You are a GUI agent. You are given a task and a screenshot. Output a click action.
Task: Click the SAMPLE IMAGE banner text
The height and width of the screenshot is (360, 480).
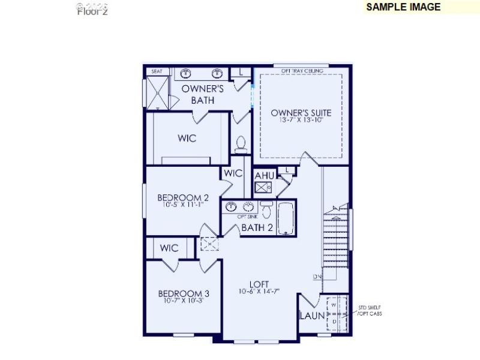coord(403,7)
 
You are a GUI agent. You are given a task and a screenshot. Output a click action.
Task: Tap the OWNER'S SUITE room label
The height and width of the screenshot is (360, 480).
coord(301,112)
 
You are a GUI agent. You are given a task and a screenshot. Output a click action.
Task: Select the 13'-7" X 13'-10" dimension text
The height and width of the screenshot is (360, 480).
coord(301,120)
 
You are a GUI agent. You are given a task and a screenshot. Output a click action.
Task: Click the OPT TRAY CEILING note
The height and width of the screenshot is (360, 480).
coord(302,71)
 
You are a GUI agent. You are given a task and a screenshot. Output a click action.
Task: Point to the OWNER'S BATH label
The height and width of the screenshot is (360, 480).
coord(203,94)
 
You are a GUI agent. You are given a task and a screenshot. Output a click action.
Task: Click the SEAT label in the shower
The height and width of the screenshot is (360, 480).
coord(157,71)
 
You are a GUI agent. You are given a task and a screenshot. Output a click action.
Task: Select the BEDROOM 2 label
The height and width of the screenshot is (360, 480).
coord(183,197)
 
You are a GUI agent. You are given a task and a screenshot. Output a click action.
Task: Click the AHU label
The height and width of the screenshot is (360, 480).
coord(265,175)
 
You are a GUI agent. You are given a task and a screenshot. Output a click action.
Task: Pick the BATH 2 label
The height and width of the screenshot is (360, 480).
coord(257,227)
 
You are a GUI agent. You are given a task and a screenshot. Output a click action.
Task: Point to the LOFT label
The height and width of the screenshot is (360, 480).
coord(259,284)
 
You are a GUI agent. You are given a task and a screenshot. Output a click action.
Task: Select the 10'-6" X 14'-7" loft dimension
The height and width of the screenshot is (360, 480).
coord(259,292)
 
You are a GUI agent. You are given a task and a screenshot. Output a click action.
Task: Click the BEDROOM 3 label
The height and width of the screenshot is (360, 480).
coord(184,293)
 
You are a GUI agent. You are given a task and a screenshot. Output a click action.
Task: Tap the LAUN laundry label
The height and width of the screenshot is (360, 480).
coord(312,316)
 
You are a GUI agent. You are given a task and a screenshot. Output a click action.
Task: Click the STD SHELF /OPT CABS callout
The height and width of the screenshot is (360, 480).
coord(370,310)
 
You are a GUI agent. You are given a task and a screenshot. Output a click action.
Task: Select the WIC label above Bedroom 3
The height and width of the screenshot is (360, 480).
coord(169,248)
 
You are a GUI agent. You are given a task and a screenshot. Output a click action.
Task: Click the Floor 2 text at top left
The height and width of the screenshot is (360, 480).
coord(92,11)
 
